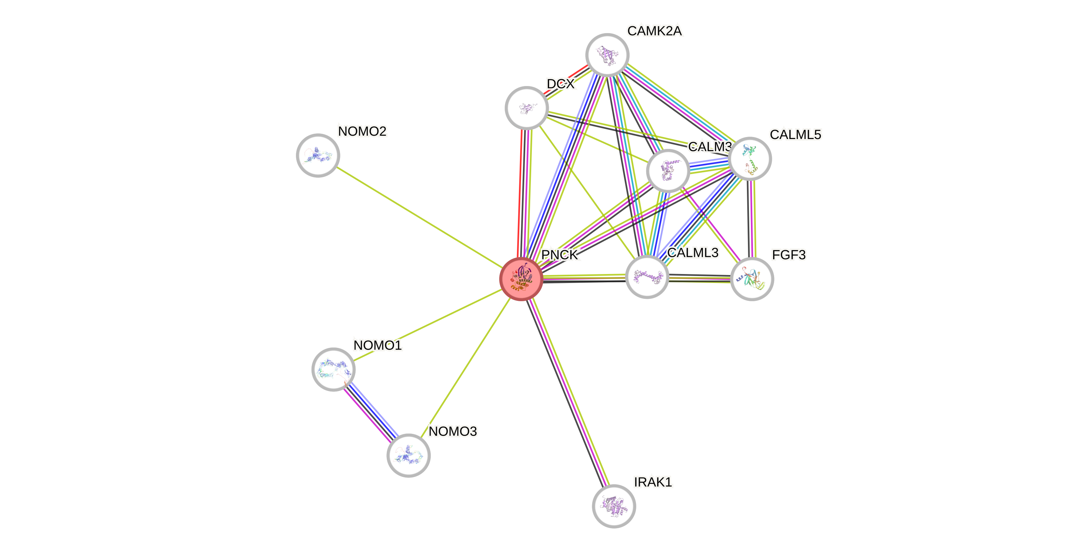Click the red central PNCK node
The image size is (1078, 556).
[x=521, y=279]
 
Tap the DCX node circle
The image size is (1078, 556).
[x=527, y=108]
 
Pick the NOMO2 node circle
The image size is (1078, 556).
[x=318, y=156]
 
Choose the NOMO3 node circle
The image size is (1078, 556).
[x=409, y=455]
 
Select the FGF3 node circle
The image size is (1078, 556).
[x=752, y=279]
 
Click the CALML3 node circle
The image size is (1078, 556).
[x=647, y=277]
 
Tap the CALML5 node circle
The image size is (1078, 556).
[x=750, y=159]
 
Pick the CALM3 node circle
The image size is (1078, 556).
[x=668, y=170]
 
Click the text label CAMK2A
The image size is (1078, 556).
[x=654, y=31]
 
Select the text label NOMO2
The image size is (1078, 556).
[x=363, y=131]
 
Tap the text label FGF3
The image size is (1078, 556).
[x=788, y=255]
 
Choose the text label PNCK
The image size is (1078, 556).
[x=560, y=255]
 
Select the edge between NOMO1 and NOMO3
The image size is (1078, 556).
[x=371, y=412]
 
